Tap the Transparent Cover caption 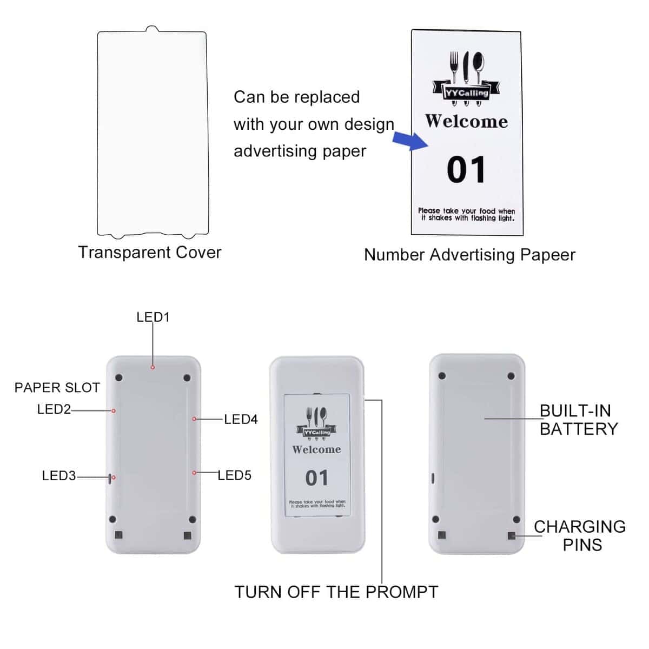tap(149, 252)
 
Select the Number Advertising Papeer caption tap(469, 255)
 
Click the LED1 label tap(153, 317)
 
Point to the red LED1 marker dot tap(153, 367)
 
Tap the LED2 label tap(54, 409)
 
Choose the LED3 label tap(59, 475)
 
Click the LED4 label tap(241, 419)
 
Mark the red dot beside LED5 tap(194, 473)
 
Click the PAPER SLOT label tap(57, 388)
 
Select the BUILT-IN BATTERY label tap(579, 420)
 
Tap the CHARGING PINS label tap(580, 536)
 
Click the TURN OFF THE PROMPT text tap(336, 592)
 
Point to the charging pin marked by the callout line tap(511, 535)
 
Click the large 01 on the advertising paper tap(466, 169)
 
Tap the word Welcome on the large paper tap(466, 121)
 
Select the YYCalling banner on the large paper tap(466, 91)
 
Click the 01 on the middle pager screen tap(316, 478)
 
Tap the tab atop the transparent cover tap(152, 29)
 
